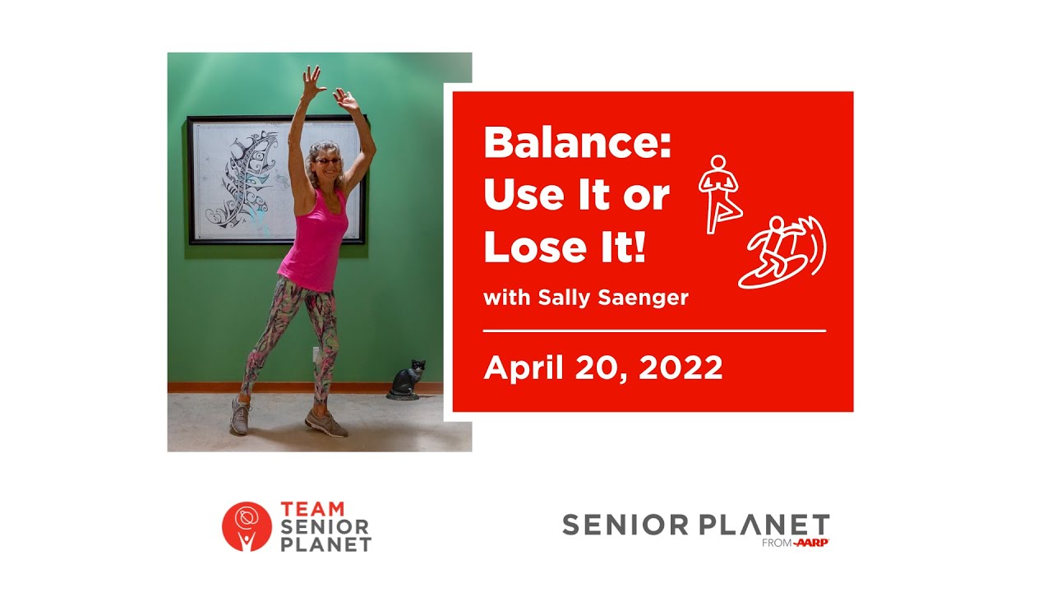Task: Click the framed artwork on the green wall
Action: [276, 180]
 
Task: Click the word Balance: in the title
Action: [578, 143]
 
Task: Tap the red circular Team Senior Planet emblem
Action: [246, 526]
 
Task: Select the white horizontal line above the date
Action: [654, 331]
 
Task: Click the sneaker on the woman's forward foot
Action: [326, 423]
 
